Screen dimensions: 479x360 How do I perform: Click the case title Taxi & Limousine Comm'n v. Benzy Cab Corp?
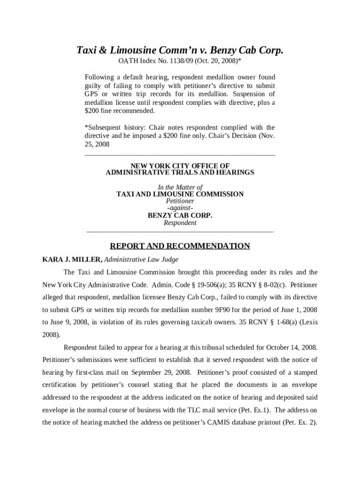click(x=180, y=51)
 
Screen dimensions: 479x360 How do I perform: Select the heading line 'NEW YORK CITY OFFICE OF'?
click(x=180, y=166)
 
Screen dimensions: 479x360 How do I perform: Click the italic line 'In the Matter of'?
click(x=180, y=187)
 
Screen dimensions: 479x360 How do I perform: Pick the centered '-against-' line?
click(x=180, y=208)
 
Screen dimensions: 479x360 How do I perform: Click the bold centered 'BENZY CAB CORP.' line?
click(x=180, y=216)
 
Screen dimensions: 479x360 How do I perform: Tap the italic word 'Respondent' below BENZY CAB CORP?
click(x=180, y=223)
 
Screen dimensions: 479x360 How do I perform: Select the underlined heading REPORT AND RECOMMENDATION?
click(x=180, y=246)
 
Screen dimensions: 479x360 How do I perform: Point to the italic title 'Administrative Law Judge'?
click(x=141, y=260)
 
